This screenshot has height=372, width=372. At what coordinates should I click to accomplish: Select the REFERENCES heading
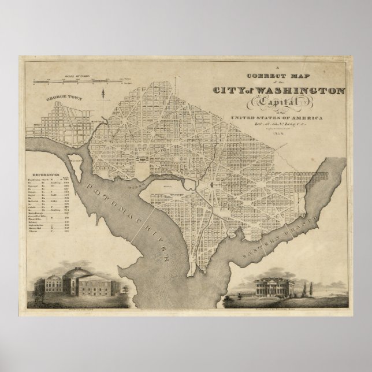(46, 158)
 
